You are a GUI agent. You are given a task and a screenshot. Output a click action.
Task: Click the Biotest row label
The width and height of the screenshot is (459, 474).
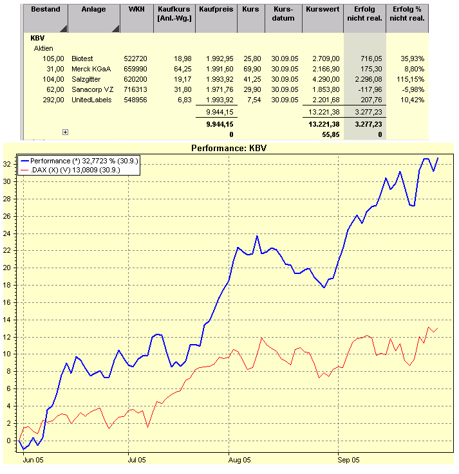tap(82, 59)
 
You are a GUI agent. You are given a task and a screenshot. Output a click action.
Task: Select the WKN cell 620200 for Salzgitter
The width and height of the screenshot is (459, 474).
tap(133, 79)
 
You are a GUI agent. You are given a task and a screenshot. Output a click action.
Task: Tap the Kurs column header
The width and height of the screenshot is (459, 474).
tap(250, 10)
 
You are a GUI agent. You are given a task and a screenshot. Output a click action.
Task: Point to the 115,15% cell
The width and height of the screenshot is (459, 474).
tap(410, 79)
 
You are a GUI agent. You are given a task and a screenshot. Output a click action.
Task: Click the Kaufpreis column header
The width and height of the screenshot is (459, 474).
tap(216, 10)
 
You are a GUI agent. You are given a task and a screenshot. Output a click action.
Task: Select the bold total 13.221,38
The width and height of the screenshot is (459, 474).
tap(324, 123)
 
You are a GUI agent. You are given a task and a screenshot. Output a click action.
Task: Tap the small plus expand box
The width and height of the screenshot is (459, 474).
tap(65, 132)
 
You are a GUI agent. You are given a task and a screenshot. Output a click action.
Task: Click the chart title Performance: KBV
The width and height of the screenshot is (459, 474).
tap(229, 148)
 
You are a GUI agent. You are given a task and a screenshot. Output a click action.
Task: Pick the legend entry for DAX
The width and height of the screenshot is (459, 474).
tap(84, 170)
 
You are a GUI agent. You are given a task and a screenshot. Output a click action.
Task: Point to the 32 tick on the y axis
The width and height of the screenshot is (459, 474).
tap(9, 164)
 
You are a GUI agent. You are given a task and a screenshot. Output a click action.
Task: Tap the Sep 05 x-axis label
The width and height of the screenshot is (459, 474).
tap(347, 460)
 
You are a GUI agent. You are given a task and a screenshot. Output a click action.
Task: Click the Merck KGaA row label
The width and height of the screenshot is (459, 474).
tap(88, 69)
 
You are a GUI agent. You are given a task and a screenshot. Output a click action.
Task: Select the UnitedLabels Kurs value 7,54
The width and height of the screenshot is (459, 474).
tap(254, 100)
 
